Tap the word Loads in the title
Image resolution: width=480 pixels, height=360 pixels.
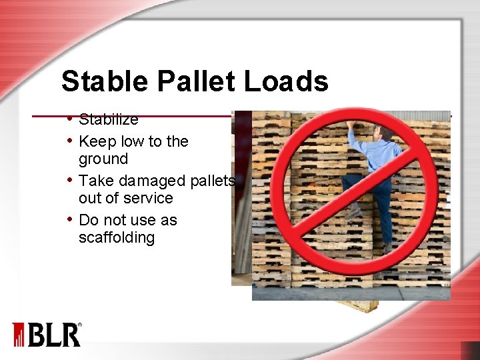(x=286, y=81)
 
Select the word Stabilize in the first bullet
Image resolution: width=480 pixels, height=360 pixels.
(x=108, y=120)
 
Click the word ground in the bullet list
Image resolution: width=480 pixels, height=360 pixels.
(x=103, y=159)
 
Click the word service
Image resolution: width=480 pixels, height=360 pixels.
(x=141, y=199)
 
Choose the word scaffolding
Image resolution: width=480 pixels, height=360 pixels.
(x=117, y=238)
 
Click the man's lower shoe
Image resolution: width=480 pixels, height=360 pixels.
(x=387, y=248)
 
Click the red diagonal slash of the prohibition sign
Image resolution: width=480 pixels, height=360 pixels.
(x=350, y=193)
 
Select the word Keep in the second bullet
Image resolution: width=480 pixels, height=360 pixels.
(x=94, y=141)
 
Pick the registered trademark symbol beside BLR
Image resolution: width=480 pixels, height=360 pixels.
(x=80, y=325)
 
